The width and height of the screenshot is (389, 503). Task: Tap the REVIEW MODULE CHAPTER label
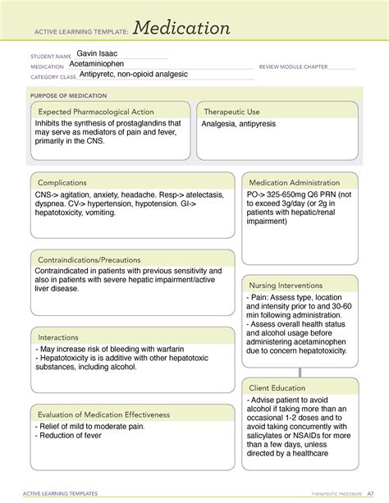point(293,66)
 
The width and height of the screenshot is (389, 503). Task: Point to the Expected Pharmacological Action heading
point(96,112)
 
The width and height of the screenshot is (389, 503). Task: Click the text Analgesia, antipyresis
point(240,124)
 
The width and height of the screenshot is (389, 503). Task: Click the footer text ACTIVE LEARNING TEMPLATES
point(64,494)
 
